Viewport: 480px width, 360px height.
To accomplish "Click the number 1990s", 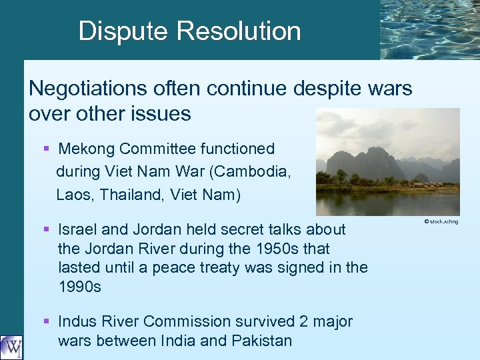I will [x=80, y=287].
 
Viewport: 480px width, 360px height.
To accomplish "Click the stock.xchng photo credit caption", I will [x=442, y=221].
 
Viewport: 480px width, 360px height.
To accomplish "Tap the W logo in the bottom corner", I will [x=11, y=347].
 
